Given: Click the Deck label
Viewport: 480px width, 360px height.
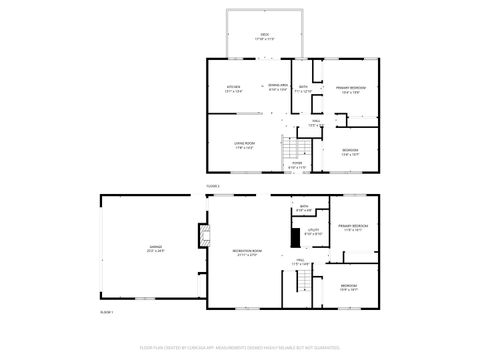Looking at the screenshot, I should pyautogui.click(x=265, y=35).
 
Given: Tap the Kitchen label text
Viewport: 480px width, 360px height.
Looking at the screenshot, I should pyautogui.click(x=233, y=88).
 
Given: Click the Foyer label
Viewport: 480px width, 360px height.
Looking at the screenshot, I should pyautogui.click(x=297, y=164).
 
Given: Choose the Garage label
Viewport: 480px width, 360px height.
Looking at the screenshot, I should pyautogui.click(x=155, y=250).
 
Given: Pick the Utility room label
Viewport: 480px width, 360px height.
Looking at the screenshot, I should pyautogui.click(x=313, y=231).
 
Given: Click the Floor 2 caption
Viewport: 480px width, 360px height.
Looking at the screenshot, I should pyautogui.click(x=213, y=186).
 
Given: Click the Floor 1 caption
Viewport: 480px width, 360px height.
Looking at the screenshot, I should pyautogui.click(x=106, y=313).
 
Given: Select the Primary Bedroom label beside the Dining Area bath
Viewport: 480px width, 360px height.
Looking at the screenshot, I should pyautogui.click(x=348, y=88).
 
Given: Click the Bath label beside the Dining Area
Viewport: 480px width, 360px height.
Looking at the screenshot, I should pyautogui.click(x=304, y=88).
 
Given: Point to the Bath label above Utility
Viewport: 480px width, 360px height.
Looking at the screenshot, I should pyautogui.click(x=304, y=208).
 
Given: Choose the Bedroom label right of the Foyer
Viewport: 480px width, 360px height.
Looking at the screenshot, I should pyautogui.click(x=350, y=152).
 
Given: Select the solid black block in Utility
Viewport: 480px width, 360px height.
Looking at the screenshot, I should pyautogui.click(x=295, y=237).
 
